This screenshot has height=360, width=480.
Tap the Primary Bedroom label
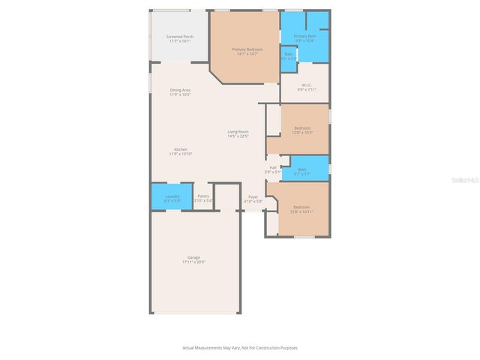[x=247, y=49]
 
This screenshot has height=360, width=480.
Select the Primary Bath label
[x=304, y=36]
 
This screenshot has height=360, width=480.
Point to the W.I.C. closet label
[x=306, y=85]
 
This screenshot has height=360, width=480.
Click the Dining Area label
[x=179, y=90]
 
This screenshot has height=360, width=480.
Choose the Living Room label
[x=238, y=132]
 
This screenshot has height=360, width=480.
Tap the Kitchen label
[x=181, y=149]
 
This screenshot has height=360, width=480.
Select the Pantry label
[x=203, y=196]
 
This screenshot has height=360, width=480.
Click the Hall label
[x=272, y=167]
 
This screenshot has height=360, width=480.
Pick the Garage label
[x=193, y=257]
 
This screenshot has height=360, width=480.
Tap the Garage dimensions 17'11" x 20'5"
[x=193, y=262]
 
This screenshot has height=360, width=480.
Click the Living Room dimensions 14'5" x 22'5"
[x=238, y=136]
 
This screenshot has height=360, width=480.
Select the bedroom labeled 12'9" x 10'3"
[x=303, y=129]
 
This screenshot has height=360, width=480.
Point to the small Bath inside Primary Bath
[x=289, y=55]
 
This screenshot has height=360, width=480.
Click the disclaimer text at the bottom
[x=240, y=347]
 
